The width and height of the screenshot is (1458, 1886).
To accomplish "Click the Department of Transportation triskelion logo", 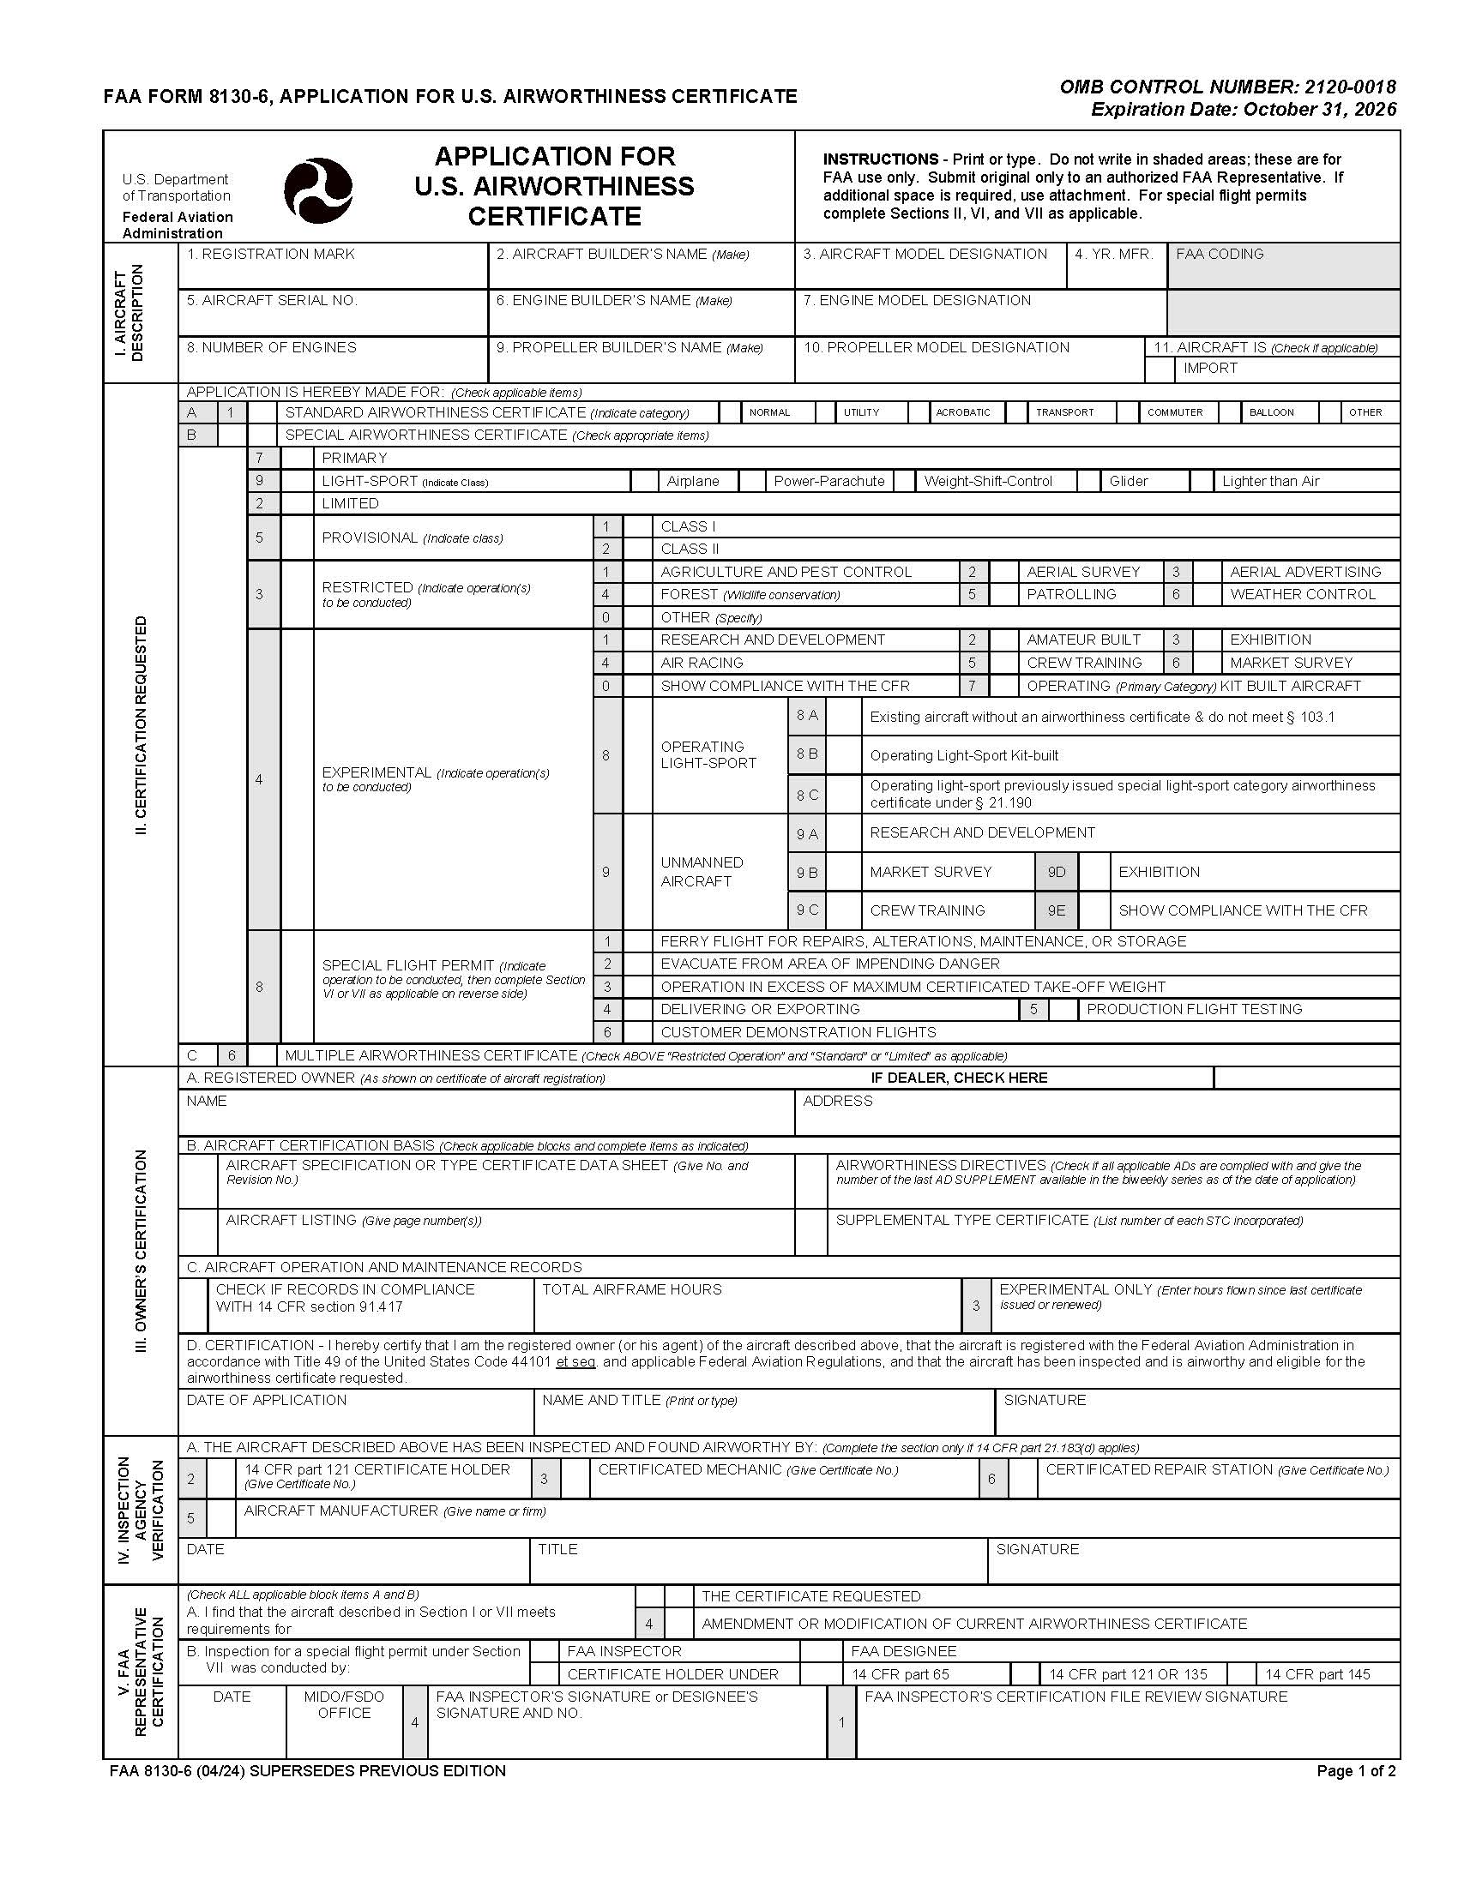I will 318,190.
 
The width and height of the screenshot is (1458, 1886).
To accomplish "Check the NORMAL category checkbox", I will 730,411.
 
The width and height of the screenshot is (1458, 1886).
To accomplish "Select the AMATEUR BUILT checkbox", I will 1003,640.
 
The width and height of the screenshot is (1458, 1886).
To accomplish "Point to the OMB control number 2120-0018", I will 1226,87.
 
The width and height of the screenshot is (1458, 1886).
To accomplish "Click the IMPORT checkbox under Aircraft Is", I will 1160,369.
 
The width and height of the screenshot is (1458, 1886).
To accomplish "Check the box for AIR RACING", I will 637,664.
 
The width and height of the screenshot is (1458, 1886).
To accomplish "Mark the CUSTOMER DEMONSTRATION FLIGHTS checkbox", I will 637,1032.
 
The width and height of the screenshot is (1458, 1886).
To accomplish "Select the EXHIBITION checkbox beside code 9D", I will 1094,872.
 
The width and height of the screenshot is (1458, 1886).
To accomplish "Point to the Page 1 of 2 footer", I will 1355,1771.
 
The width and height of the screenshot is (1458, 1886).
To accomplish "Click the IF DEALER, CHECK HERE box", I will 1305,1078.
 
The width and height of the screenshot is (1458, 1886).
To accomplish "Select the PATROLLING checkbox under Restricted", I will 1003,594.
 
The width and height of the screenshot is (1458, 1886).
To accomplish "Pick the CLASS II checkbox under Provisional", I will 637,550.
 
